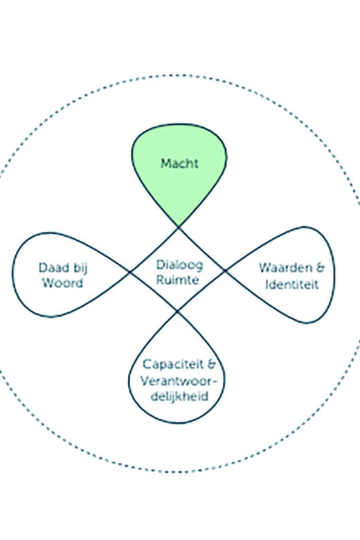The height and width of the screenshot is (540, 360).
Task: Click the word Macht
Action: pos(179,163)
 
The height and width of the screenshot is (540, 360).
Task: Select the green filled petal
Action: pos(179,169)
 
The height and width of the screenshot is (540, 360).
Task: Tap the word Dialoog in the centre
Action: pos(179,265)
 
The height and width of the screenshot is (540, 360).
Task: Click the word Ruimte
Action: pos(178,279)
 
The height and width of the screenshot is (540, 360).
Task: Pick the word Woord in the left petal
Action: pos(62,282)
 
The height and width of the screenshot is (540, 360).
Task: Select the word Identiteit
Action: pos(291,285)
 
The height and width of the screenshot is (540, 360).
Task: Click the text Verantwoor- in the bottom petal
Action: pos(179,381)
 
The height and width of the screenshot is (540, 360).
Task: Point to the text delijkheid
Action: pos(179,397)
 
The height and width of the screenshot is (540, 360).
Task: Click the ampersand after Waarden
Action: pos(320,268)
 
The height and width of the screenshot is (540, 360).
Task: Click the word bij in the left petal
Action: pos(80,269)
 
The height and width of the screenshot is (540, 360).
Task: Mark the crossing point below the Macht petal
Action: pos(179,227)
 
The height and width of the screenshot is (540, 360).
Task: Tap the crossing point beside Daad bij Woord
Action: pos(130,272)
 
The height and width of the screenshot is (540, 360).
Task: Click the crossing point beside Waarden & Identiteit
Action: pos(225,271)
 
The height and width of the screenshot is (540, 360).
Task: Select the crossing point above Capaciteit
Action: pos(177,312)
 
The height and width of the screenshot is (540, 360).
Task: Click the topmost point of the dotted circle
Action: pos(176,75)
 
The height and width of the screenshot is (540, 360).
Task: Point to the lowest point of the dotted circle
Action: pos(176,472)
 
